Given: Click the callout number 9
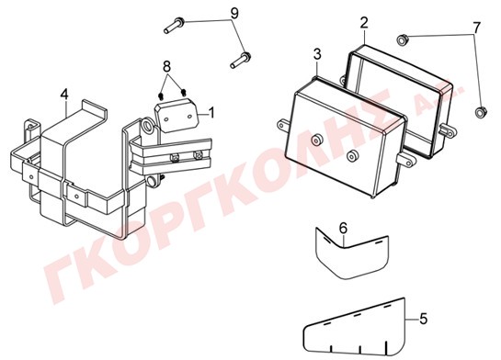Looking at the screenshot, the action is click(x=234, y=14).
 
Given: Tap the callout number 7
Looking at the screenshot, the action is click(x=476, y=28).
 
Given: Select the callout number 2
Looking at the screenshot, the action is click(x=364, y=23).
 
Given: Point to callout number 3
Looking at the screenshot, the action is click(x=317, y=54).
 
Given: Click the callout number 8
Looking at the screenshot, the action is click(x=166, y=67).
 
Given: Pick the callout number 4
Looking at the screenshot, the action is click(x=64, y=95).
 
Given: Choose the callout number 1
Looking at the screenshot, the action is click(x=211, y=113).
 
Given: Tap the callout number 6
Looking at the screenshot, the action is click(x=343, y=228).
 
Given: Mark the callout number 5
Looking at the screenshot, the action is click(x=424, y=319).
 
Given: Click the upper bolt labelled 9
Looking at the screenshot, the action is click(x=174, y=26).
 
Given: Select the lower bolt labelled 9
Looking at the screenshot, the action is click(x=241, y=61).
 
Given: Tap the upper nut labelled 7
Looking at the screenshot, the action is click(x=401, y=39).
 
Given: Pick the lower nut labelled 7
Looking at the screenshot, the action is click(x=480, y=112).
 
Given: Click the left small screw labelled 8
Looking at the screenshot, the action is click(x=162, y=96).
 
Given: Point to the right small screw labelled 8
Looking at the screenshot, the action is click(x=184, y=93).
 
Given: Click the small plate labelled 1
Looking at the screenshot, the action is click(x=177, y=115).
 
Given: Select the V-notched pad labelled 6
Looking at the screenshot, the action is click(x=351, y=253).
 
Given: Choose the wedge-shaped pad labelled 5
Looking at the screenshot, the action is click(x=355, y=332).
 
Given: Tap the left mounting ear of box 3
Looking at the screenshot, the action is click(x=283, y=125).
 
